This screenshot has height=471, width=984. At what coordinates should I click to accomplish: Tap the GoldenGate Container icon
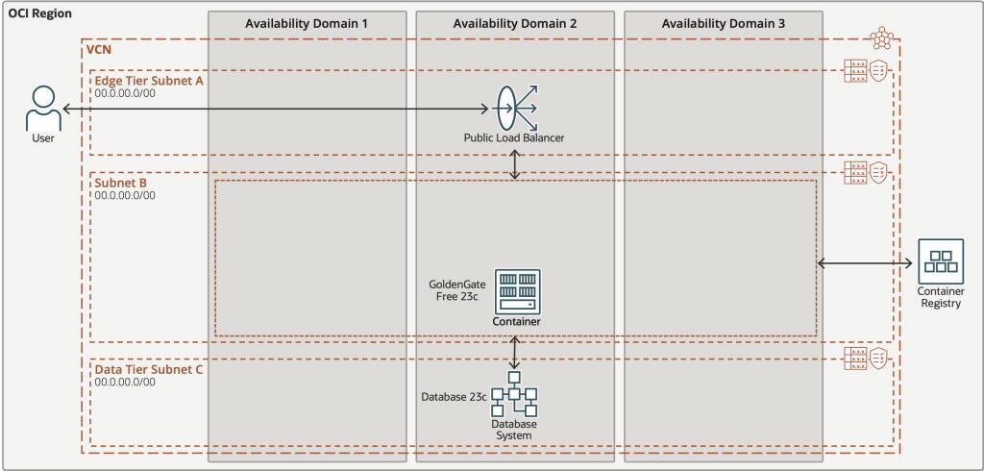[517, 290]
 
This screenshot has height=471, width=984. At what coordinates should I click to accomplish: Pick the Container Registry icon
[939, 260]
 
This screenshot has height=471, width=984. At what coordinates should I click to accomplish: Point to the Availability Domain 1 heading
[306, 23]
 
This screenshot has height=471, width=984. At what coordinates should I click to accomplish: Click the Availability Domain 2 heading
[513, 23]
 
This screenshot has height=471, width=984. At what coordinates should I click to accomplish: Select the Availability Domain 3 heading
[723, 23]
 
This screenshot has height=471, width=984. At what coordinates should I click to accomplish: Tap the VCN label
[99, 48]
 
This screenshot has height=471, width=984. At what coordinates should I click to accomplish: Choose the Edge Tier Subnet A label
[149, 81]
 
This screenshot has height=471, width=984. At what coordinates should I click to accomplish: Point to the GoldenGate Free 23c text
[456, 290]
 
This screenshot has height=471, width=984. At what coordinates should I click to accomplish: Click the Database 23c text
[453, 396]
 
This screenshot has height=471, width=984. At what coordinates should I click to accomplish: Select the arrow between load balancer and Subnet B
[516, 164]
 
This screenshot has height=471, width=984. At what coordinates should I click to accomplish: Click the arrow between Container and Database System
[516, 353]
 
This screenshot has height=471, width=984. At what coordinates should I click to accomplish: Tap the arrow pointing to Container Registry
[865, 263]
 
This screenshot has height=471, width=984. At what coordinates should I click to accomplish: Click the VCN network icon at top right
[881, 38]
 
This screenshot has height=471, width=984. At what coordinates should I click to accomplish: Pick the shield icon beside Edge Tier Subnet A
[878, 70]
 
